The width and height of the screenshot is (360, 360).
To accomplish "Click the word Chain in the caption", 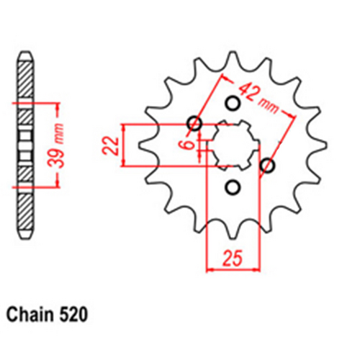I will pos(32,315).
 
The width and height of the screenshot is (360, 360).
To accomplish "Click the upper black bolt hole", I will pos(232,102).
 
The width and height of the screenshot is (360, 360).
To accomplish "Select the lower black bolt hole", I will pos(232,188).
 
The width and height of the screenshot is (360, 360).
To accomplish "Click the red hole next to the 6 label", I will pos(194,122).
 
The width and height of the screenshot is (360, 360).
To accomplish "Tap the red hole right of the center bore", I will pos(270,166).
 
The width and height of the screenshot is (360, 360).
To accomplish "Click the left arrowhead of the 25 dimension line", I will pos(211,270).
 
